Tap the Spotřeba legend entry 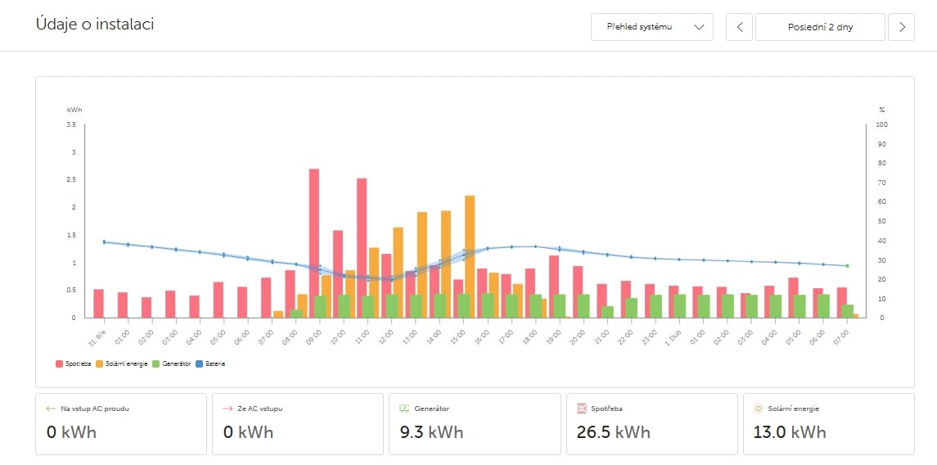[73, 363]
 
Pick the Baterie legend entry [214, 363]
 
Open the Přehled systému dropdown [652, 27]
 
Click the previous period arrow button [740, 27]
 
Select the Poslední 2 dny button [820, 27]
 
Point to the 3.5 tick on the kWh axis [71, 124]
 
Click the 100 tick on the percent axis [881, 124]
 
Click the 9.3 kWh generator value [430, 431]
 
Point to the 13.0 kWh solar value [789, 431]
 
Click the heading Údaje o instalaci [95, 25]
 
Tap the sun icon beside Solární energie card [758, 408]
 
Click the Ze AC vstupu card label [260, 408]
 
